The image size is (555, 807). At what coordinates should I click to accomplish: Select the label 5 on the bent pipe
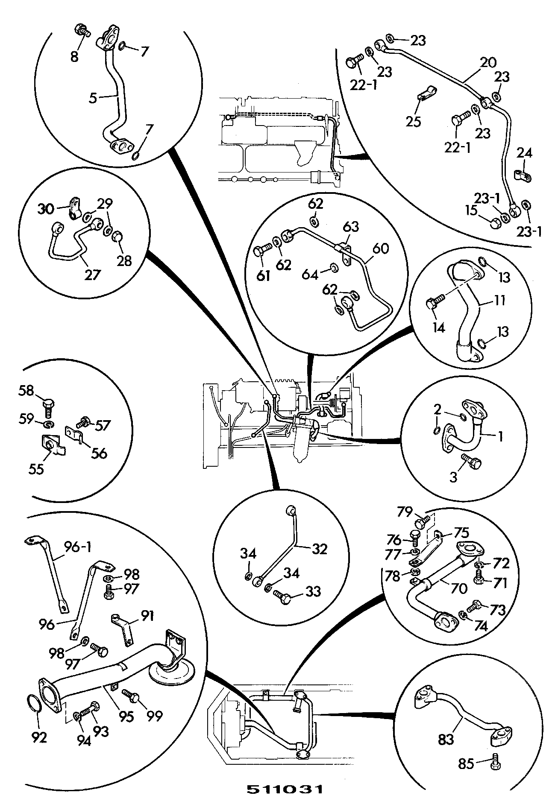(x=93, y=98)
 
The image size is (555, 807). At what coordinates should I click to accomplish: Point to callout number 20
(x=488, y=62)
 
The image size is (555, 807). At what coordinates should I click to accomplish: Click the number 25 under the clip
(x=413, y=121)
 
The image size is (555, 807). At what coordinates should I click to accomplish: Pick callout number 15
(x=471, y=211)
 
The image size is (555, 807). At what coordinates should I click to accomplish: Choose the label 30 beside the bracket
(x=46, y=209)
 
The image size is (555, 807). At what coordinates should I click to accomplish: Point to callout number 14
(x=439, y=327)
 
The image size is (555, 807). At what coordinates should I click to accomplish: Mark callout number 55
(x=36, y=469)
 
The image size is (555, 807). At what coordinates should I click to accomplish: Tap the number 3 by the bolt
(x=453, y=477)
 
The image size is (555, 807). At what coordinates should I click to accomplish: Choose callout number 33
(x=313, y=591)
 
